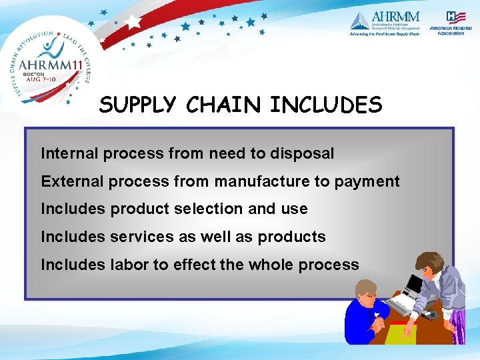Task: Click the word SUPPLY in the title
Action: coord(137,105)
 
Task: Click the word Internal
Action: coord(69,153)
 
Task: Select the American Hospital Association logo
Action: coord(451,23)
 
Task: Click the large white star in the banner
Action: coord(133,20)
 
